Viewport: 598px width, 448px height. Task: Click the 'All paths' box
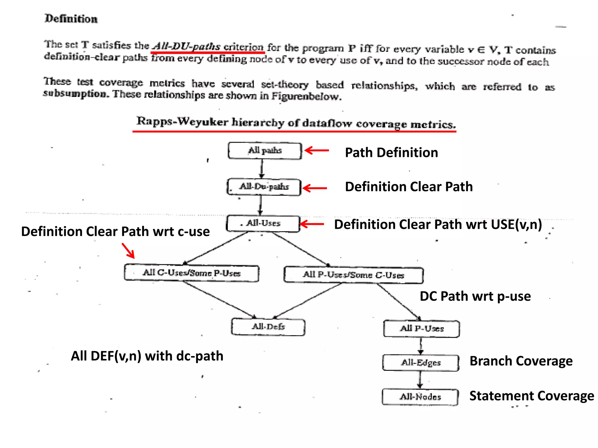point(265,151)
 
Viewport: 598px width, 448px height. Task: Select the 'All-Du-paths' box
point(264,187)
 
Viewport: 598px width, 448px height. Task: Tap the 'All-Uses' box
point(263,224)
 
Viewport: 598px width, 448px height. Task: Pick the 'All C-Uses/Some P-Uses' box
point(192,273)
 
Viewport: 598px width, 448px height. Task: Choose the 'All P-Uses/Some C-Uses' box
point(354,275)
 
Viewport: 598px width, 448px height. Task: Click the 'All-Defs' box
point(268,327)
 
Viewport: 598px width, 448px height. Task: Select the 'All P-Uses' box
point(421,329)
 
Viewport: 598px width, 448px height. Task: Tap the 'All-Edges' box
point(421,363)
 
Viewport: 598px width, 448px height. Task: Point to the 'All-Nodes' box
point(420,397)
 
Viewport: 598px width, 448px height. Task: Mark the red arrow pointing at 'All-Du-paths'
point(315,188)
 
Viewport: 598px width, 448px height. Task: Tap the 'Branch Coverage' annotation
point(521,361)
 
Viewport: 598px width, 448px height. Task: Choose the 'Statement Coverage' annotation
point(531,396)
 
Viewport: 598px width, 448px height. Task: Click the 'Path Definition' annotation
point(391,153)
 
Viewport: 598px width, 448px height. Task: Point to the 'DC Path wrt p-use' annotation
point(475,296)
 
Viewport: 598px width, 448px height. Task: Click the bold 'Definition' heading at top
point(71,19)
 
